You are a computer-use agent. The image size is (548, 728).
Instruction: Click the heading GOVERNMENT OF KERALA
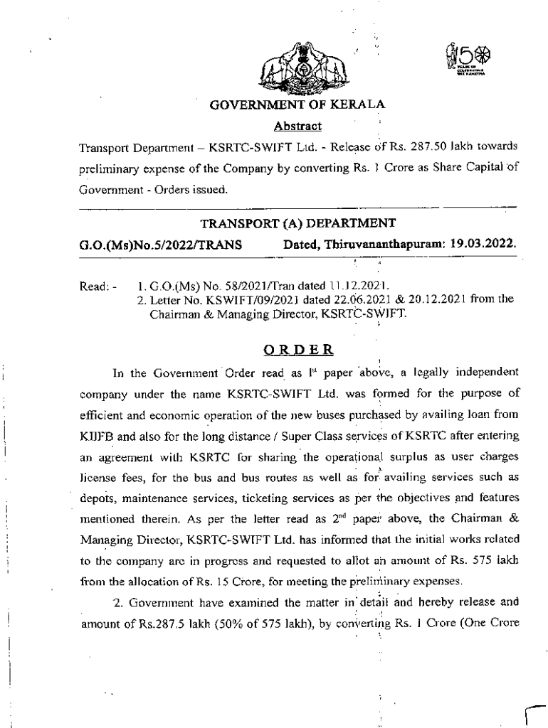pos(297,105)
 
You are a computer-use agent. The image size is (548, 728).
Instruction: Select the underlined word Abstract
pos(297,126)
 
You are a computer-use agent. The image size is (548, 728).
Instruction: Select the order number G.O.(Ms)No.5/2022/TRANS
pos(161,245)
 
